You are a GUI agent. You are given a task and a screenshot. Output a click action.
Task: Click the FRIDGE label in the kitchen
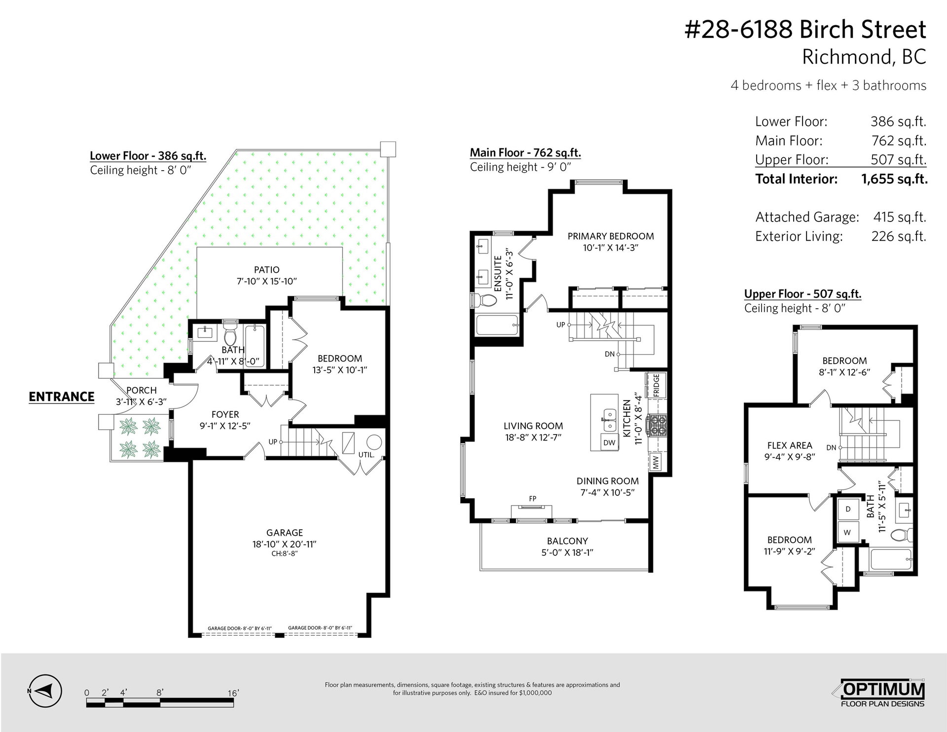click(656, 385)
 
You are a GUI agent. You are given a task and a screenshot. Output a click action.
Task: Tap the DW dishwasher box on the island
click(609, 442)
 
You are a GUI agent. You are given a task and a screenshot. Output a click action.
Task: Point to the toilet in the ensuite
click(485, 300)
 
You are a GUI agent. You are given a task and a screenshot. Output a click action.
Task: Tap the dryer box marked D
click(848, 509)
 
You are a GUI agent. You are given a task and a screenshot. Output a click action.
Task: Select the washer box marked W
click(848, 532)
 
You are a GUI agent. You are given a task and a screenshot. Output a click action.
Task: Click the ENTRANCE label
click(62, 397)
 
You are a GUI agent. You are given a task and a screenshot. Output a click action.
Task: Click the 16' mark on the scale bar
click(233, 693)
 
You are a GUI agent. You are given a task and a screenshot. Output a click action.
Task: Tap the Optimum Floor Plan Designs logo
click(882, 694)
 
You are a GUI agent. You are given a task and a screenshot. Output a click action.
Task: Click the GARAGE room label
click(285, 532)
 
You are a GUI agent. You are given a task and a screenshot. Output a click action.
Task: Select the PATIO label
click(267, 270)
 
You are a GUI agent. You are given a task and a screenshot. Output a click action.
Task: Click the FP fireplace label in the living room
click(533, 499)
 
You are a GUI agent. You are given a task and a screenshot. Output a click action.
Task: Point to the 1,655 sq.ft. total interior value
click(894, 179)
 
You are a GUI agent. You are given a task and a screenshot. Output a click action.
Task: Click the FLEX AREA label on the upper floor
click(790, 445)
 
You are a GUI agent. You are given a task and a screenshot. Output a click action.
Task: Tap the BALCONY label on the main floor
click(567, 541)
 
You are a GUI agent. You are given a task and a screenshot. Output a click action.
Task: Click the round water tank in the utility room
click(373, 442)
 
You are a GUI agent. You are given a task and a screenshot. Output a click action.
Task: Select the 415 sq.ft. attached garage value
click(900, 217)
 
